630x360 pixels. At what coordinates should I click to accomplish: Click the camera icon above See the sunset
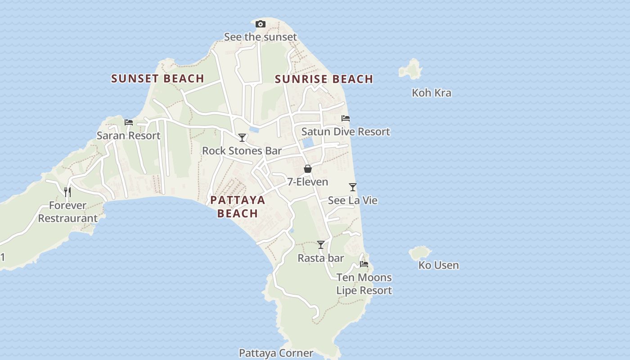click(x=260, y=24)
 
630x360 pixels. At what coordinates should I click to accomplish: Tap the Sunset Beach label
click(x=157, y=78)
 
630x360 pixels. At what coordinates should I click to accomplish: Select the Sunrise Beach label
click(x=324, y=79)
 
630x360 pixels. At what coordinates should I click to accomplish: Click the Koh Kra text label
click(x=431, y=93)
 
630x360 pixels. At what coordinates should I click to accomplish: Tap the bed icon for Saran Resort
click(x=129, y=122)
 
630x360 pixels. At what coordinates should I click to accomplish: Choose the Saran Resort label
click(x=129, y=135)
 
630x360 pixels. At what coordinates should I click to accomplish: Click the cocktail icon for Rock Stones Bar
click(x=242, y=137)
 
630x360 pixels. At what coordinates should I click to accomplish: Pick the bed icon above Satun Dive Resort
click(x=346, y=118)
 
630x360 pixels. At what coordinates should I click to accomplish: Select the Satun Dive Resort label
click(x=346, y=131)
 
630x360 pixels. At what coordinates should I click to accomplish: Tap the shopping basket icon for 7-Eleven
click(x=308, y=169)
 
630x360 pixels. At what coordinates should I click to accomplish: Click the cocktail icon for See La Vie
click(x=353, y=187)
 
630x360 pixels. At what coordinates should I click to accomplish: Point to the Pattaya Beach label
click(x=238, y=206)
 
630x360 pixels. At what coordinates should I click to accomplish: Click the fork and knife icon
click(x=67, y=192)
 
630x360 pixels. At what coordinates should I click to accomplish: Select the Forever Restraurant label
click(x=67, y=212)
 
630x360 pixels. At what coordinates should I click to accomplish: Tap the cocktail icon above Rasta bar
click(x=321, y=245)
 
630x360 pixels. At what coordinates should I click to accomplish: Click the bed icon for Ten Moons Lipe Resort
click(x=364, y=264)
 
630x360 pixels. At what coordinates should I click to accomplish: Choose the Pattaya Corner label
click(x=276, y=353)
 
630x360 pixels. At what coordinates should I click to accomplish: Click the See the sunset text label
click(x=261, y=37)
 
